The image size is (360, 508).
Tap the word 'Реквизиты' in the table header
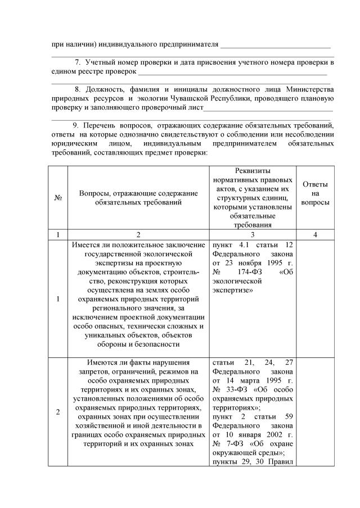pyautogui.click(x=253, y=170)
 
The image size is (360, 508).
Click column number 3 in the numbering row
pyautogui.click(x=253, y=235)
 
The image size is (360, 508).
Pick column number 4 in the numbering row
pyautogui.click(x=315, y=235)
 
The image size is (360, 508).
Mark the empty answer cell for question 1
pyautogui.click(x=315, y=298)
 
